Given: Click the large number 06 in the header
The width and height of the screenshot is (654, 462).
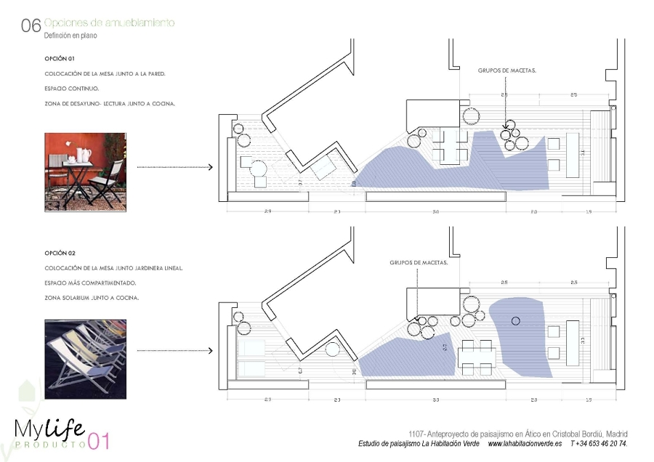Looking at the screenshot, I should coord(31,26).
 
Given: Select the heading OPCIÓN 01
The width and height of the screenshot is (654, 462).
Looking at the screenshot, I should coord(60,57).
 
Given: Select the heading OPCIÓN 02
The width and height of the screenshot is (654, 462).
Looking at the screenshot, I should coord(60,253).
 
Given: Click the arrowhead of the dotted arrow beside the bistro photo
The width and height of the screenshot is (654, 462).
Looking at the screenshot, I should coord(210,167).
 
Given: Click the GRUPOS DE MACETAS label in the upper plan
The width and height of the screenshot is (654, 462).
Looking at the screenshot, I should coord(506,70).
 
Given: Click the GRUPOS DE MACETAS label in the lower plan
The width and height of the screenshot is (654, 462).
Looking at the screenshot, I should coord(419,263).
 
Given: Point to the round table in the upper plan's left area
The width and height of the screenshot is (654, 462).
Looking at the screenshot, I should coord(259,169).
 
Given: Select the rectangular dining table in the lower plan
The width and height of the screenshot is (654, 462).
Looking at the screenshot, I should coord(476,358).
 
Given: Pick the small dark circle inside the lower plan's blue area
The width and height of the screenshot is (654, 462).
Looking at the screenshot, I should coord(516,320).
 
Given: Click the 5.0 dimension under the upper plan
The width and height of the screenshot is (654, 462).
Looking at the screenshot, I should coord(435,211).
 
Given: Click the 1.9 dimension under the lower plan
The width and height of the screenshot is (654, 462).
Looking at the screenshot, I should coord(589,400).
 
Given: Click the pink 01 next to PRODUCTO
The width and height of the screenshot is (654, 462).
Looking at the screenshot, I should coord(98,442).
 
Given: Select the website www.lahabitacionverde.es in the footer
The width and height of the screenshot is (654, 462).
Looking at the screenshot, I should coord(525,443).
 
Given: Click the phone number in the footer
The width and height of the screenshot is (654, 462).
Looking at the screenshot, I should coord(599,443).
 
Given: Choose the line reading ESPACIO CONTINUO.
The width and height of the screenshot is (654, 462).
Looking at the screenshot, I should coord(71,88).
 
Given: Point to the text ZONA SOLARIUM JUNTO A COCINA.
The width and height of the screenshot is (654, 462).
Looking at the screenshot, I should coord(91,298).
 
